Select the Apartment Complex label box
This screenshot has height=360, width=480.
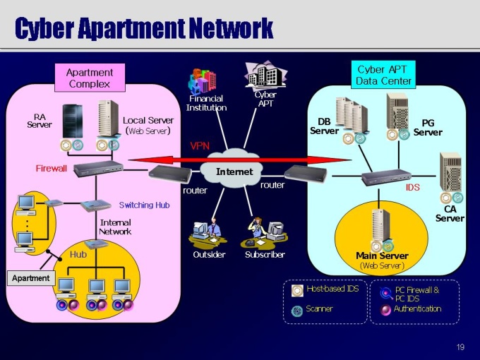(x=90, y=78)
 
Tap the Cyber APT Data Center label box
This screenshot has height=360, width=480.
(x=383, y=75)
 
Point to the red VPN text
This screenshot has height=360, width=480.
(x=200, y=145)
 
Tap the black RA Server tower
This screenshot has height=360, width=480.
(x=73, y=121)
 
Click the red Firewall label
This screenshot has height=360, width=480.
(x=52, y=169)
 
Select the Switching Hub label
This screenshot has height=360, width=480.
(x=144, y=205)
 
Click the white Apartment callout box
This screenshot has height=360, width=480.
(x=31, y=278)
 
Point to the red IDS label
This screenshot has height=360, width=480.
(x=413, y=188)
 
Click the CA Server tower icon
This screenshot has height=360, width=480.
(x=450, y=173)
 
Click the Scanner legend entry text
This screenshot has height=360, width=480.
(x=320, y=308)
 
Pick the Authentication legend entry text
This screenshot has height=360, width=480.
(x=417, y=308)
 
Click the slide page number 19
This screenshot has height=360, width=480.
(x=460, y=347)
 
